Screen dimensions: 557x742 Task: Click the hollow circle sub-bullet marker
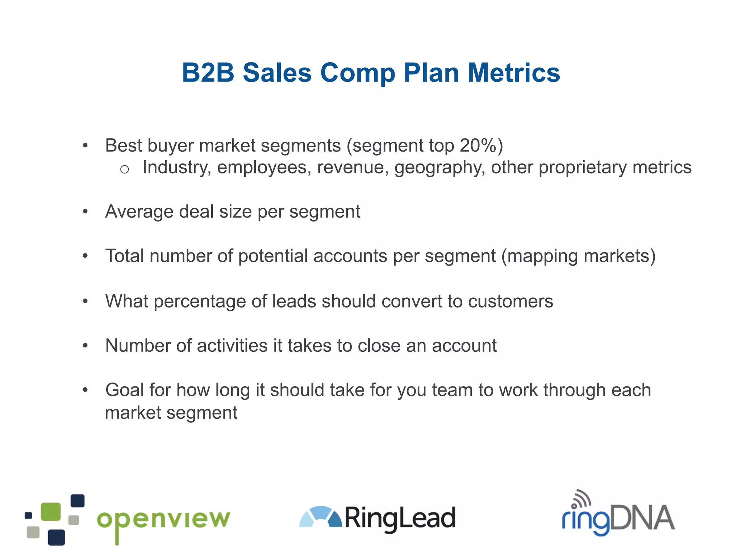tap(124, 169)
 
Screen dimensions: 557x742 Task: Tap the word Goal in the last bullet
tap(124, 390)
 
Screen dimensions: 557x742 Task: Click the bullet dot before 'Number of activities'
tap(85, 346)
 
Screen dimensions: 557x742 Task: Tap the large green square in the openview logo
tap(51, 511)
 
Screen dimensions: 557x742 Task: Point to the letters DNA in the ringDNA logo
tap(642, 518)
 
